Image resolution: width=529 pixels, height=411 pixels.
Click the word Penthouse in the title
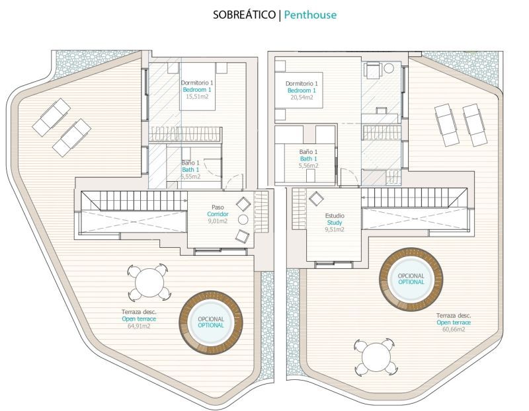pyautogui.click(x=310, y=15)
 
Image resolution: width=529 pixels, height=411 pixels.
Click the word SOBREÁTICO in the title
pyautogui.click(x=244, y=15)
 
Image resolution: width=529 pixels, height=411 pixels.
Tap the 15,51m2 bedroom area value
pyautogui.click(x=197, y=96)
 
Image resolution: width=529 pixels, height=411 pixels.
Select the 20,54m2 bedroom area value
pyautogui.click(x=302, y=97)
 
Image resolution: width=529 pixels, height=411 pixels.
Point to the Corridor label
pyautogui.click(x=218, y=214)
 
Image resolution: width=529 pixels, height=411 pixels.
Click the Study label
pyautogui.click(x=335, y=223)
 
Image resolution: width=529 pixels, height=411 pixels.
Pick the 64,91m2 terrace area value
pyautogui.click(x=139, y=326)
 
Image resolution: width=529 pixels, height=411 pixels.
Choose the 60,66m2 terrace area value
pyautogui.click(x=454, y=329)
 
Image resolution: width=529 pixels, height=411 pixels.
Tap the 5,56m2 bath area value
pyautogui.click(x=308, y=166)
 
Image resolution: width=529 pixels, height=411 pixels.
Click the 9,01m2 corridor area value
pyautogui.click(x=218, y=221)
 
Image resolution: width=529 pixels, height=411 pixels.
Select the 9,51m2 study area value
pyautogui.click(x=335, y=229)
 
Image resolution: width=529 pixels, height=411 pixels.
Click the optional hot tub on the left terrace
pyautogui.click(x=211, y=322)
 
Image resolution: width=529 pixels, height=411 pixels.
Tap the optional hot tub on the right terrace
pyautogui.click(x=411, y=280)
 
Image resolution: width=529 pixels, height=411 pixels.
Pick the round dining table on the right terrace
pyautogui.click(x=376, y=357)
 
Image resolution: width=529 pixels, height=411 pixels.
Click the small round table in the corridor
pyautogui.click(x=243, y=219)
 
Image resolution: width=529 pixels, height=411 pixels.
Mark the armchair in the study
pyautogui.click(x=316, y=198)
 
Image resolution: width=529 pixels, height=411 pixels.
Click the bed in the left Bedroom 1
pyautogui.click(x=198, y=86)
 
